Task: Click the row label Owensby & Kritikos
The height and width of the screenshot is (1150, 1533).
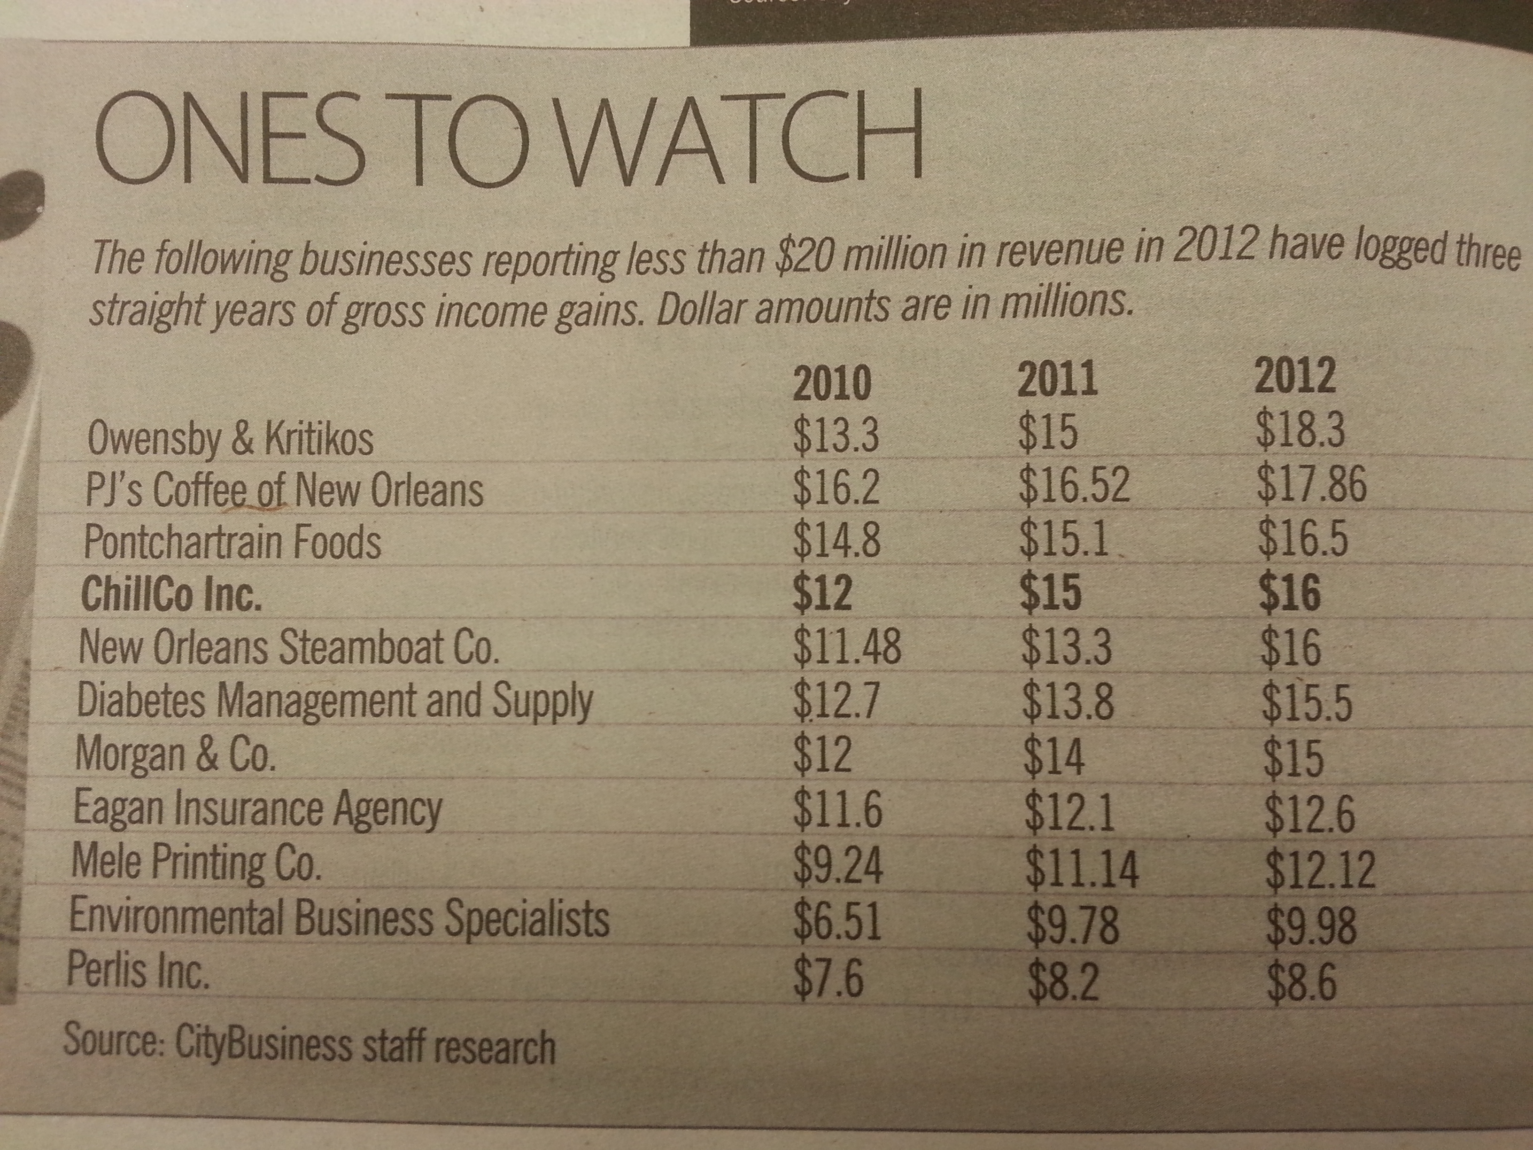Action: point(230,439)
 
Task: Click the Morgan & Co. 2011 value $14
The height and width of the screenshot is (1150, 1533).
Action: point(1054,756)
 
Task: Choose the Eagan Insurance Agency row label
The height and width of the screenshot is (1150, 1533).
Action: point(257,809)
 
